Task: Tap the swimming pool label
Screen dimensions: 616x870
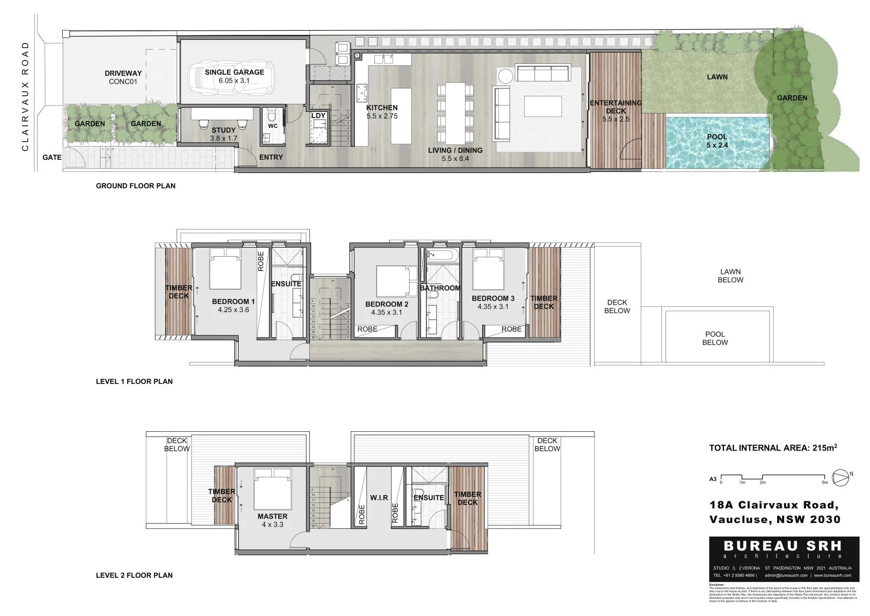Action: coord(717,137)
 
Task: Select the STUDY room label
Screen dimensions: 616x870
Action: coord(223,131)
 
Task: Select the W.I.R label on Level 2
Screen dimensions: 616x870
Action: coord(379,498)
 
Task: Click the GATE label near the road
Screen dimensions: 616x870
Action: coord(52,157)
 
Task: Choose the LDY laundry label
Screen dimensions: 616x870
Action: coord(318,116)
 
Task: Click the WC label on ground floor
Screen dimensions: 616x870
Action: coord(272,126)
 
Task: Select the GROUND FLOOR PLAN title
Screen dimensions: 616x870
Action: coord(136,186)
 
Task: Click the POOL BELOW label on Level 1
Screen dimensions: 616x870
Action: coord(714,338)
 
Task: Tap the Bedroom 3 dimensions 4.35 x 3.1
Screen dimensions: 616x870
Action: coord(493,307)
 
